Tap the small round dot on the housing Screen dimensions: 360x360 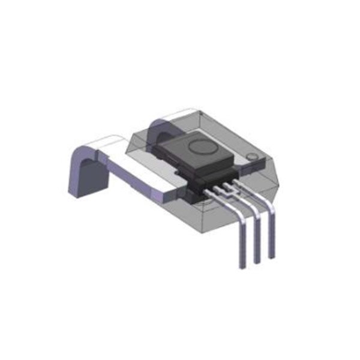pyautogui.click(x=253, y=158)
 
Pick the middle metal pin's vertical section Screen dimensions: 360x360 pyautogui.click(x=257, y=237)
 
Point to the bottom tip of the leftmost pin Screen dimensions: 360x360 pyautogui.click(x=243, y=266)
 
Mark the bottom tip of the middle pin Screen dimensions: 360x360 pyautogui.click(x=258, y=261)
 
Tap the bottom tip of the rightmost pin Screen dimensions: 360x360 pyautogui.click(x=272, y=257)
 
